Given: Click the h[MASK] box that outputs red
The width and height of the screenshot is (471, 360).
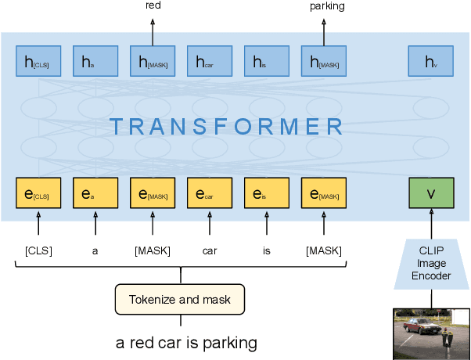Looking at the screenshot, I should [x=153, y=60].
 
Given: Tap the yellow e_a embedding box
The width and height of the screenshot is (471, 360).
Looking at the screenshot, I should [x=95, y=193].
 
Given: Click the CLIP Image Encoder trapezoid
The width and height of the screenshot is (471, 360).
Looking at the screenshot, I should [x=431, y=263].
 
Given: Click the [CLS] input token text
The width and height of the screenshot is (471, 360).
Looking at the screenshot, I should [x=38, y=250].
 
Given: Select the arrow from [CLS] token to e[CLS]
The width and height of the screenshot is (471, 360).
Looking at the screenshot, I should [x=38, y=225].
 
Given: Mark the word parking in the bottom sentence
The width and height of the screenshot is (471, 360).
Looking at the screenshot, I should [x=229, y=344].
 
